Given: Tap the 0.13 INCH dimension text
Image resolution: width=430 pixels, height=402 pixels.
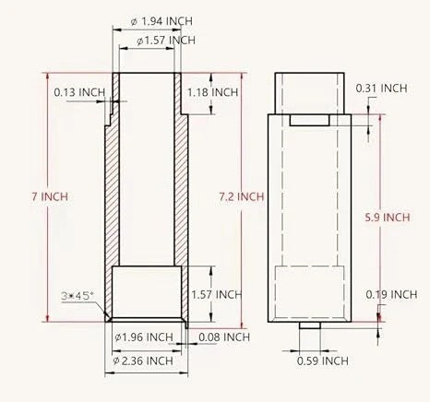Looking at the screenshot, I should point(79,92).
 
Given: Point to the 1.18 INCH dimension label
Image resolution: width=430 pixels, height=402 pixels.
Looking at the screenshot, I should point(213,92).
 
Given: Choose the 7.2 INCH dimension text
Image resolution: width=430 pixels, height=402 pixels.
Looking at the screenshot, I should point(244,196).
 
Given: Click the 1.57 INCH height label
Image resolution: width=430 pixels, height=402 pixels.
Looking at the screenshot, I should point(215,294).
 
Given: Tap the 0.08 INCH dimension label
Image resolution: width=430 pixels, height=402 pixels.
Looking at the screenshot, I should point(224,337).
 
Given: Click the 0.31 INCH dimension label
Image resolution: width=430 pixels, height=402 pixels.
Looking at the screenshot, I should point(381,88).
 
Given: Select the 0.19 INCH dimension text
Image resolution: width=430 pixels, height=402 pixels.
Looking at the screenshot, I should point(390,294).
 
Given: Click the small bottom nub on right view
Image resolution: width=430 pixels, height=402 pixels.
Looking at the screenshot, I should point(310,325).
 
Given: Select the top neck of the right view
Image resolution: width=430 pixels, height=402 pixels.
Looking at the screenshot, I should point(310,92).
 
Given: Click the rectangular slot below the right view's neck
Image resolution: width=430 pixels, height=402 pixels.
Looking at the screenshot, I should point(310,120).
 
